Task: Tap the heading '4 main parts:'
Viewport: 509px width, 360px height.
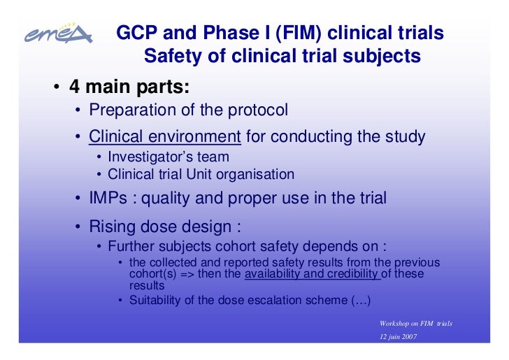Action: coord(129,87)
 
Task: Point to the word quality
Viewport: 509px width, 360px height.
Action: coord(169,199)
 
